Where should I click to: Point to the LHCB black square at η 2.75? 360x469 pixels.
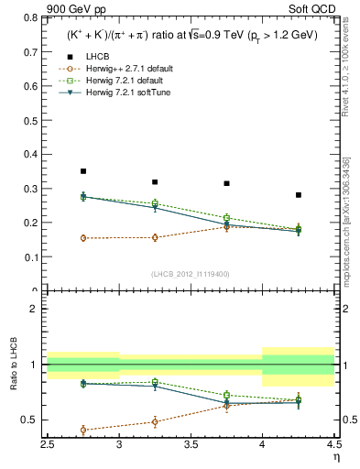tap(83, 171)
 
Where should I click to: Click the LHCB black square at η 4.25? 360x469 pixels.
tap(299, 195)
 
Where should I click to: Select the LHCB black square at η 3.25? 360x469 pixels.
tap(155, 182)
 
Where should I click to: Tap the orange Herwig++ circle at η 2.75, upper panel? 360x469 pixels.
tap(83, 238)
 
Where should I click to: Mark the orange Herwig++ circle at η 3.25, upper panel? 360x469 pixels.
tap(155, 237)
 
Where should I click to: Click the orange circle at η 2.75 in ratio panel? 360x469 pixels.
tap(83, 430)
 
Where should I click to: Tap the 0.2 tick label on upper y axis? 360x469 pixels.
tap(34, 223)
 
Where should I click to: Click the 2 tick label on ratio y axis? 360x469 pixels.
tap(38, 310)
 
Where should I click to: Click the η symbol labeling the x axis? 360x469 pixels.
tap(335, 455)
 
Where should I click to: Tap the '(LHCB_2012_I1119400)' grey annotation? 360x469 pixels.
tap(191, 274)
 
